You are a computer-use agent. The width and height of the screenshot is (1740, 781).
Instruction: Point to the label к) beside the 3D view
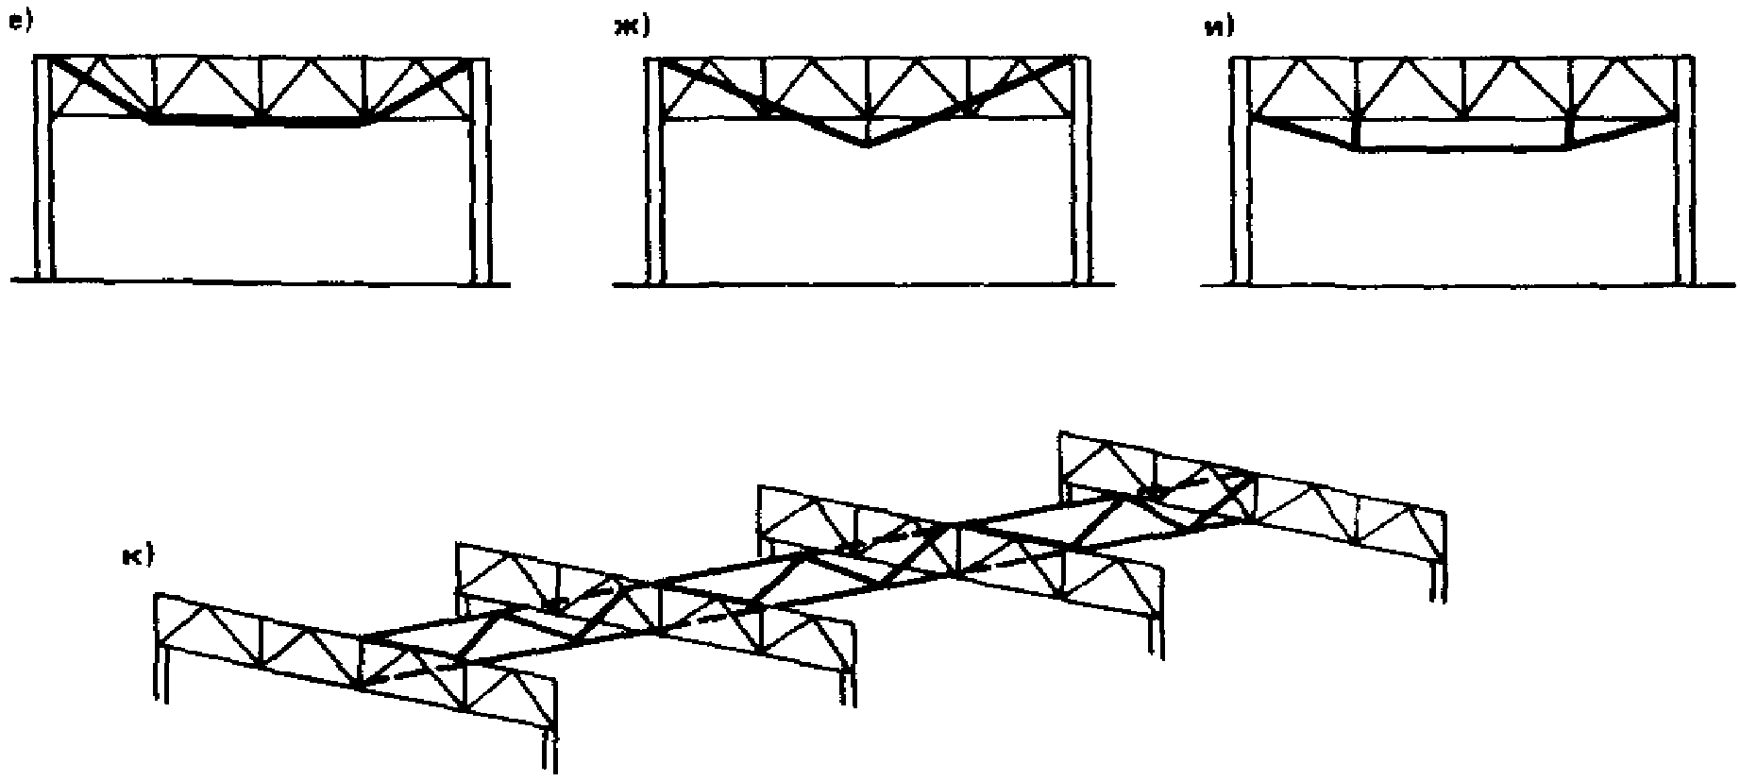137,557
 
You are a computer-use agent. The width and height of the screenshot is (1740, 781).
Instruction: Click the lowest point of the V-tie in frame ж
868,144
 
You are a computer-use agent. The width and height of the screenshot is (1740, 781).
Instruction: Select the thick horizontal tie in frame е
255,122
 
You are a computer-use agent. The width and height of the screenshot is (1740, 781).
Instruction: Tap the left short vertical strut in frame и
1356,132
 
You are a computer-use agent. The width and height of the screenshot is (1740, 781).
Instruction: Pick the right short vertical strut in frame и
1567,132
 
